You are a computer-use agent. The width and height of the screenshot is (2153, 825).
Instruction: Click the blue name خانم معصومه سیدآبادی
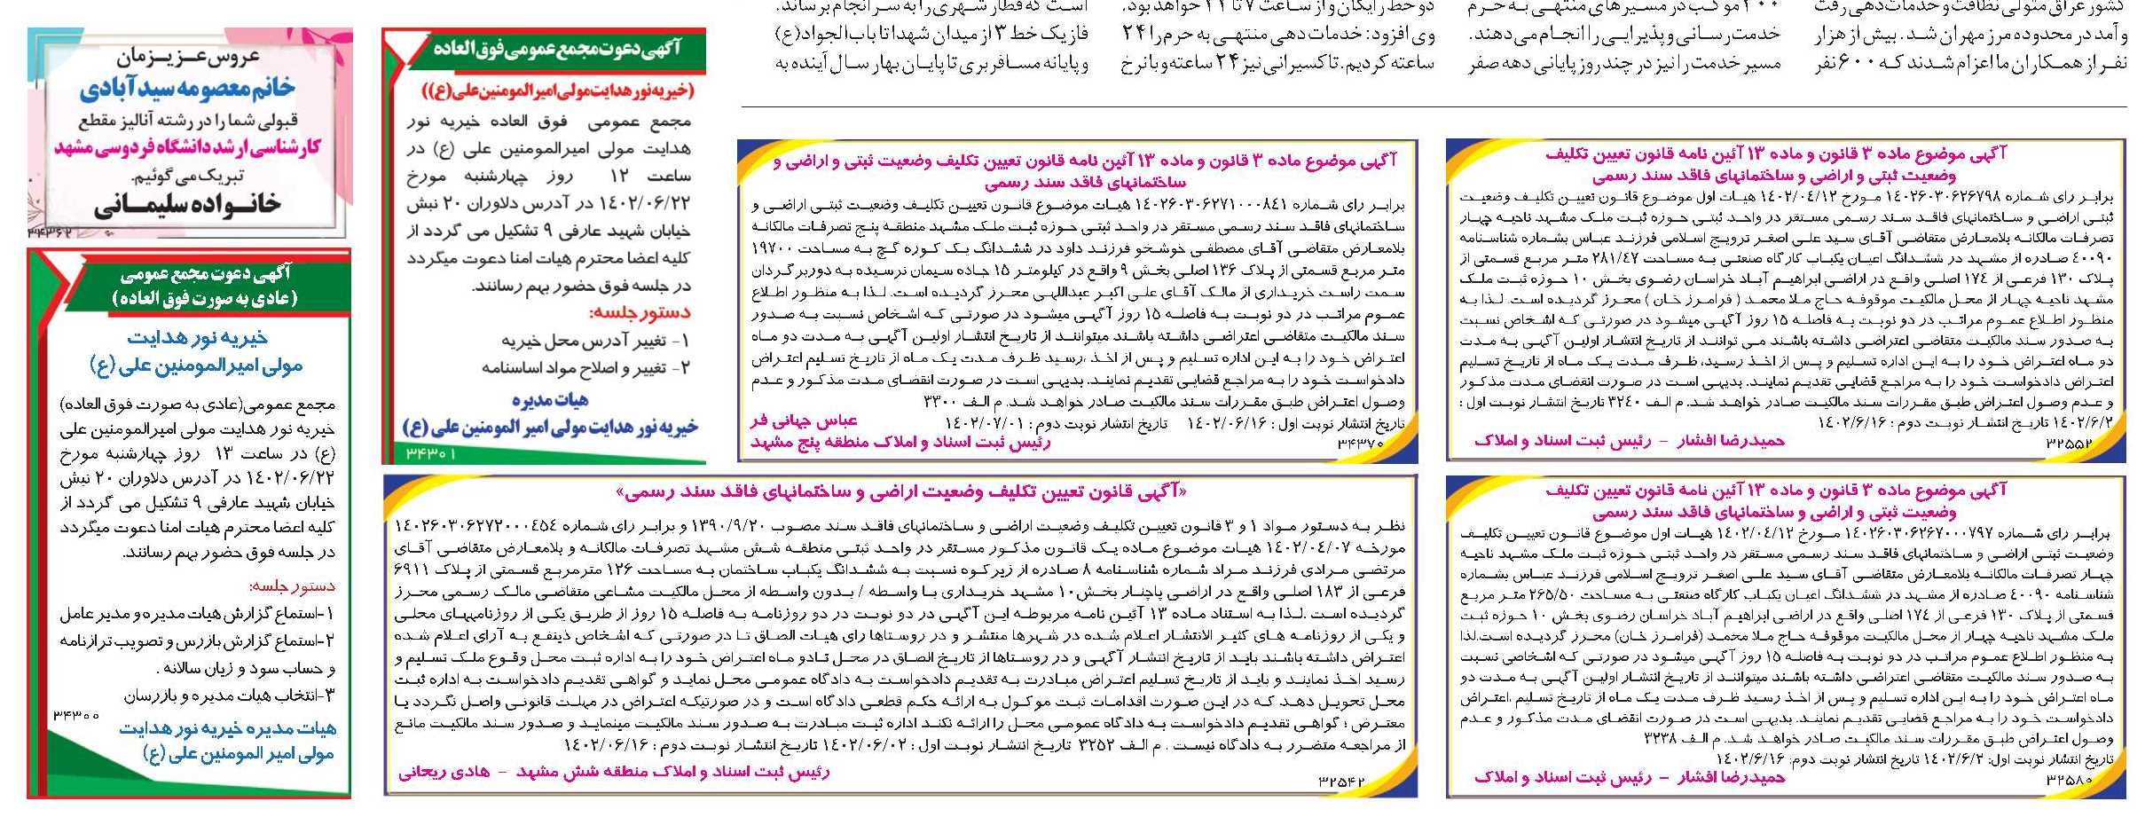coord(187,90)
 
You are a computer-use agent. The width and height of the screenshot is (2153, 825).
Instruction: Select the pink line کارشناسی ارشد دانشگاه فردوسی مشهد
coord(187,147)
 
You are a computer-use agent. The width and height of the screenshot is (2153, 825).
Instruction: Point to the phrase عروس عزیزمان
coord(188,59)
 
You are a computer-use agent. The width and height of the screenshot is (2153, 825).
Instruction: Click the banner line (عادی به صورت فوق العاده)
coord(205,298)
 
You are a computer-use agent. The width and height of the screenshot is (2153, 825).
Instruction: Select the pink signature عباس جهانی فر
coord(803,420)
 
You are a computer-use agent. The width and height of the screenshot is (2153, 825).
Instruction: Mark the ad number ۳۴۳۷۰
coord(1360,443)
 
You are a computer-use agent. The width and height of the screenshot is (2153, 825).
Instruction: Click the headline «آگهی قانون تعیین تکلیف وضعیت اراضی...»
coord(900,491)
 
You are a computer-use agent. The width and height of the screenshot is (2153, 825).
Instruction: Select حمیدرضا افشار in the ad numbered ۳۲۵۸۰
coord(1730,778)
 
